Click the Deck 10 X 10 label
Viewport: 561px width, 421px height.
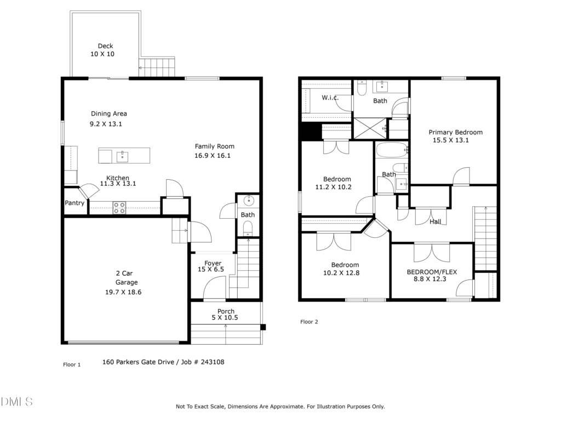pyautogui.click(x=102, y=50)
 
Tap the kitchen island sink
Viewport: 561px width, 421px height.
pyautogui.click(x=122, y=156)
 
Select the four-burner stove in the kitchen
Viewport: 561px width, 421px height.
pyautogui.click(x=119, y=208)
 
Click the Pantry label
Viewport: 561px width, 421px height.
pyautogui.click(x=75, y=203)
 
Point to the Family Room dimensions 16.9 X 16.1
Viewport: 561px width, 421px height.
pyautogui.click(x=213, y=156)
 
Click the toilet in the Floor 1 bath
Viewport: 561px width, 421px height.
pyautogui.click(x=248, y=229)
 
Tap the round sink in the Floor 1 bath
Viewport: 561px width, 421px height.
pyautogui.click(x=249, y=201)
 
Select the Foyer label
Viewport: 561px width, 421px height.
pyautogui.click(x=213, y=263)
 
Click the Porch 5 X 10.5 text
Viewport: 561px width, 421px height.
pyautogui.click(x=225, y=314)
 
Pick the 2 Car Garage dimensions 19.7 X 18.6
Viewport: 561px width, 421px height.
pyautogui.click(x=123, y=292)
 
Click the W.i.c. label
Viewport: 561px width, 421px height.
pyautogui.click(x=330, y=98)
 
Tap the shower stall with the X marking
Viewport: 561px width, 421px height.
pyautogui.click(x=370, y=128)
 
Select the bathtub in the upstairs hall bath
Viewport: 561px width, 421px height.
pyautogui.click(x=392, y=150)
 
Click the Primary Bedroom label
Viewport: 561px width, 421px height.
pyautogui.click(x=455, y=132)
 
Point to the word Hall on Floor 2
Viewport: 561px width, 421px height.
pyautogui.click(x=435, y=221)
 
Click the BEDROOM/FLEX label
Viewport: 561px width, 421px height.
pyautogui.click(x=432, y=272)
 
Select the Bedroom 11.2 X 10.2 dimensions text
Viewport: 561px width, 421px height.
pyautogui.click(x=333, y=187)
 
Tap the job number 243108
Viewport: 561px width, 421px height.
pyautogui.click(x=213, y=362)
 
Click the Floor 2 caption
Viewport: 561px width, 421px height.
pyautogui.click(x=309, y=322)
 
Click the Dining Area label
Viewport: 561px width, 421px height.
pyautogui.click(x=109, y=113)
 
